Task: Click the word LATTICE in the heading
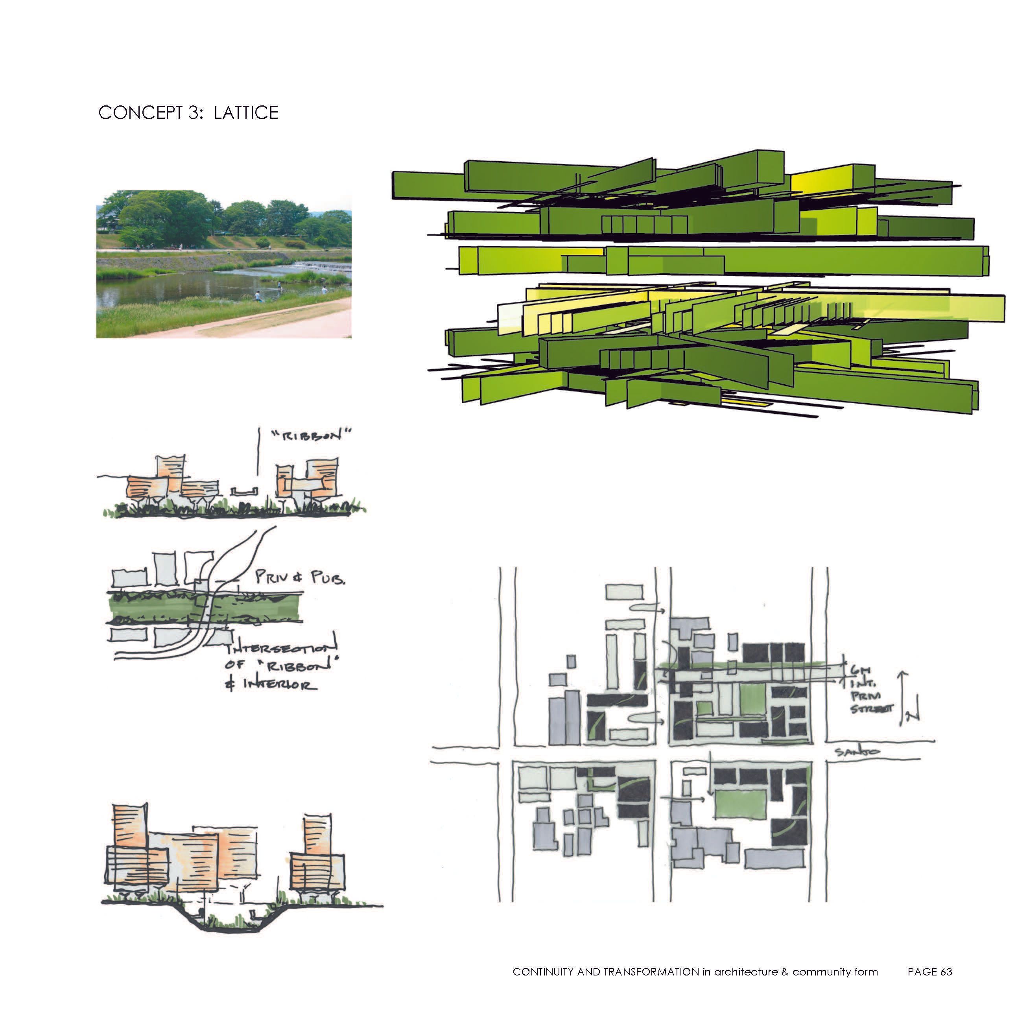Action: tap(245, 113)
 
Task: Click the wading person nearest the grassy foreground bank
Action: tap(257, 297)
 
